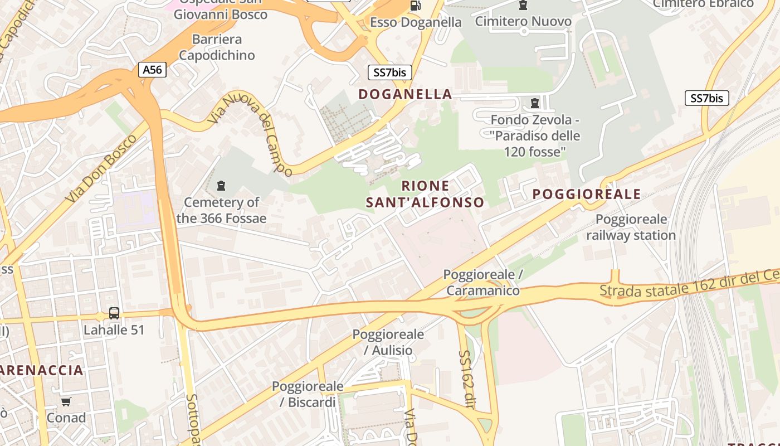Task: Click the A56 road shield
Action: point(152,70)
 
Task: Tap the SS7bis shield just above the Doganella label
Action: point(389,72)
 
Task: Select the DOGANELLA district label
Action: point(405,94)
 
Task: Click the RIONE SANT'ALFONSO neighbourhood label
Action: point(425,194)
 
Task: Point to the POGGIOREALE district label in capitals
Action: point(587,194)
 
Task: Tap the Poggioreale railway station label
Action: point(631,227)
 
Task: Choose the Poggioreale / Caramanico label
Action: point(482,283)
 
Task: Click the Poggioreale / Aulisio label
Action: point(388,342)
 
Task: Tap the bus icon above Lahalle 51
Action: point(114,313)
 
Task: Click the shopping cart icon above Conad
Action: point(66,402)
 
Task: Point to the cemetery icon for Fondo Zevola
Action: point(535,103)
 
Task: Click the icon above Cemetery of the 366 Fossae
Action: point(221,186)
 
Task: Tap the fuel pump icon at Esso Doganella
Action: point(415,6)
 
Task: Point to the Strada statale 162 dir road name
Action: point(689,283)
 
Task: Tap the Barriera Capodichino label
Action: point(217,47)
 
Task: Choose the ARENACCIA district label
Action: point(42,370)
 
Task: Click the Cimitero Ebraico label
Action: point(703,4)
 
